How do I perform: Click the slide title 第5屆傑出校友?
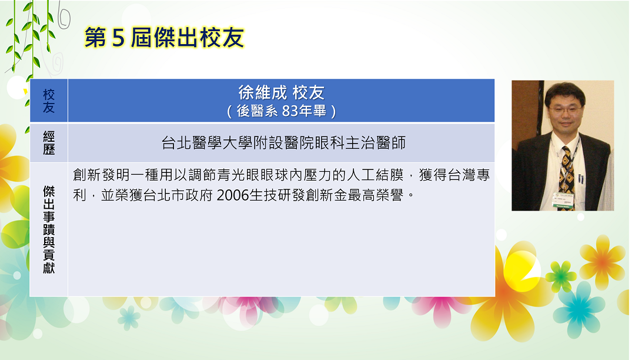click(164, 38)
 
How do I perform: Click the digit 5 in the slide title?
click(118, 38)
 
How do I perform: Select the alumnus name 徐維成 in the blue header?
click(262, 93)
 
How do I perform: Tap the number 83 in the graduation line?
click(290, 111)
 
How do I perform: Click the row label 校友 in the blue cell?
click(49, 101)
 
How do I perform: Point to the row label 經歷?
click(49, 143)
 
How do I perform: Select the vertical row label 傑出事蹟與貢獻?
click(49, 229)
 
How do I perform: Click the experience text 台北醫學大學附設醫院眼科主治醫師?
click(283, 143)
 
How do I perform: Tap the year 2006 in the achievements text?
click(232, 196)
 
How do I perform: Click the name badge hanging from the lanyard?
click(563, 200)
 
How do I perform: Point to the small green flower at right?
click(561, 276)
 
